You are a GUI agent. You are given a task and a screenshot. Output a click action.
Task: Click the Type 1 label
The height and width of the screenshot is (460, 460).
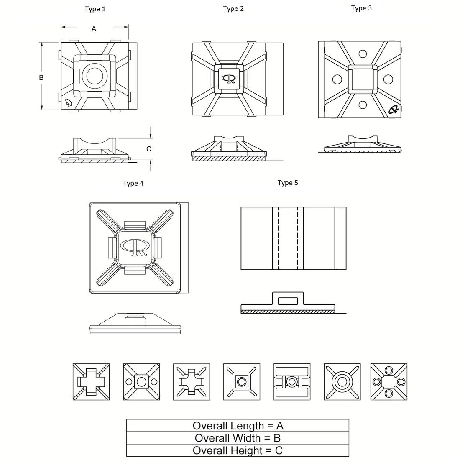[95, 9]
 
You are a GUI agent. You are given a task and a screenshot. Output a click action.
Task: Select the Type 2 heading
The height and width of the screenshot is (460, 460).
[233, 9]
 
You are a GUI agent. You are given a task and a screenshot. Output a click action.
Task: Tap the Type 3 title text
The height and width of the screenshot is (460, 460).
[361, 8]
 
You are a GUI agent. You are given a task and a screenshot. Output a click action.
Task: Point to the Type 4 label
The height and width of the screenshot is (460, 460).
[133, 183]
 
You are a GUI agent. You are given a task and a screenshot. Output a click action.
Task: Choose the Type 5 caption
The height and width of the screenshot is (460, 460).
[288, 183]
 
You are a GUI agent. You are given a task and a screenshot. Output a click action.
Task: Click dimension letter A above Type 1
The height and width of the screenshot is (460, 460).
[94, 29]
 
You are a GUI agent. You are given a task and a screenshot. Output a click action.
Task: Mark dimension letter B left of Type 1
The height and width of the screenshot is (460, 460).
[41, 77]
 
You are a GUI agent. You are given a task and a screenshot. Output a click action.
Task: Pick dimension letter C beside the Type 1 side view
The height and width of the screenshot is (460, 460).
[148, 149]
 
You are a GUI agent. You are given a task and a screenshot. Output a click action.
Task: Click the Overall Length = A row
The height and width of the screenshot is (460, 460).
[238, 426]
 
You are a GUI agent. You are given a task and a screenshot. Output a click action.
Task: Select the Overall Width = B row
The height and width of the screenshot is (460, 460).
[238, 438]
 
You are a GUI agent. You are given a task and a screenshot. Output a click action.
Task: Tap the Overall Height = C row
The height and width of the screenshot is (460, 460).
[238, 450]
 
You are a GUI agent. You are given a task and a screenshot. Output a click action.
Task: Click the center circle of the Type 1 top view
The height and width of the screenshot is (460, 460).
[95, 76]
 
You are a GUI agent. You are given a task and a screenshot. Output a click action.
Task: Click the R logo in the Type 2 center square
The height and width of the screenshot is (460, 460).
[229, 79]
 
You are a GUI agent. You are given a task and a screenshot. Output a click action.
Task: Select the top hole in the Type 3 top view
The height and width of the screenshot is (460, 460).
[363, 54]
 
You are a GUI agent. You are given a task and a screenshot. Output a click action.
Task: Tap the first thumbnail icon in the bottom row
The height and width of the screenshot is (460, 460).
[91, 382]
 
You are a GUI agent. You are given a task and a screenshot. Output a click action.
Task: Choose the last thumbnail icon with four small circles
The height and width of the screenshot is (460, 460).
[389, 382]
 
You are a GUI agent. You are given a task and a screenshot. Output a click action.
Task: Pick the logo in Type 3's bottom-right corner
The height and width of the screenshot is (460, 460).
[394, 110]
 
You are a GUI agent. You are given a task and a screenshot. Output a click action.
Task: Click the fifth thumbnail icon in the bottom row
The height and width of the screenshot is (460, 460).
[292, 382]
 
